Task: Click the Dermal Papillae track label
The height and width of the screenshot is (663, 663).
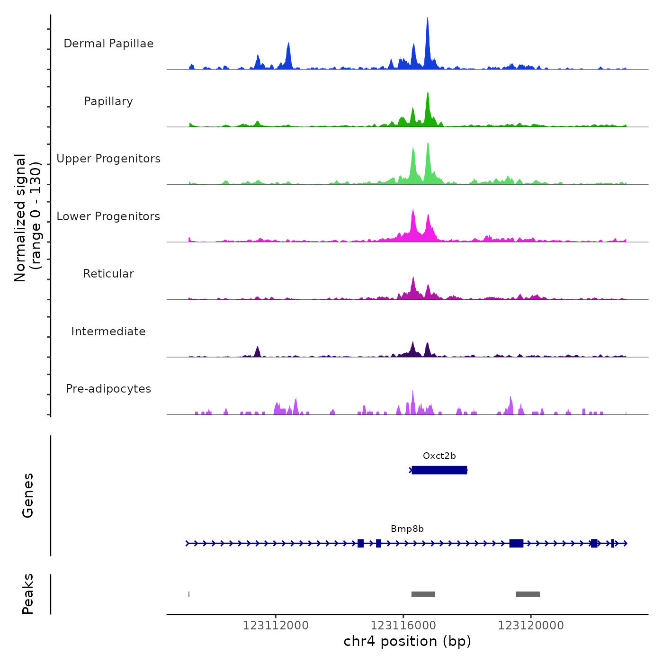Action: (x=108, y=44)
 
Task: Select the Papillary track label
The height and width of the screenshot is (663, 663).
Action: (x=108, y=101)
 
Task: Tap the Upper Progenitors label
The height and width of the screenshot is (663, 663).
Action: (x=108, y=159)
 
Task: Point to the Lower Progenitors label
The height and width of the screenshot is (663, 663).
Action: (x=108, y=216)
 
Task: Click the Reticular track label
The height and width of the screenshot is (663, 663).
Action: (x=108, y=274)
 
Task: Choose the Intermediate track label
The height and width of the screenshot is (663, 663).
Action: (x=108, y=331)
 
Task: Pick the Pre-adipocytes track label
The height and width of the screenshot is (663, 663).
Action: (x=108, y=389)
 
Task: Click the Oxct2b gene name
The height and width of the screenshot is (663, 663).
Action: (x=439, y=456)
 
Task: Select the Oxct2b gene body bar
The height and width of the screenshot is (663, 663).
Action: (x=439, y=470)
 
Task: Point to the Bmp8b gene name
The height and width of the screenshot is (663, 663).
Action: (x=407, y=529)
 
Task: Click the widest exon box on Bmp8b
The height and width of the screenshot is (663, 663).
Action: (x=516, y=543)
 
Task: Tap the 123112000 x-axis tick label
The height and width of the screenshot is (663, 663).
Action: (x=276, y=626)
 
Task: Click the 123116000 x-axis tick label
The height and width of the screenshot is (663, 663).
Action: (x=403, y=626)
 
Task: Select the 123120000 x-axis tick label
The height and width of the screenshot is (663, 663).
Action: (x=531, y=626)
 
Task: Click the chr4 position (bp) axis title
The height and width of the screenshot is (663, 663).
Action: (x=407, y=641)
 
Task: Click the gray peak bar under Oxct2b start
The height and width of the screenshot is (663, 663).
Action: (x=423, y=594)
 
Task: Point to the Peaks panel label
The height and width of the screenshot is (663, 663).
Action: (x=28, y=594)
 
